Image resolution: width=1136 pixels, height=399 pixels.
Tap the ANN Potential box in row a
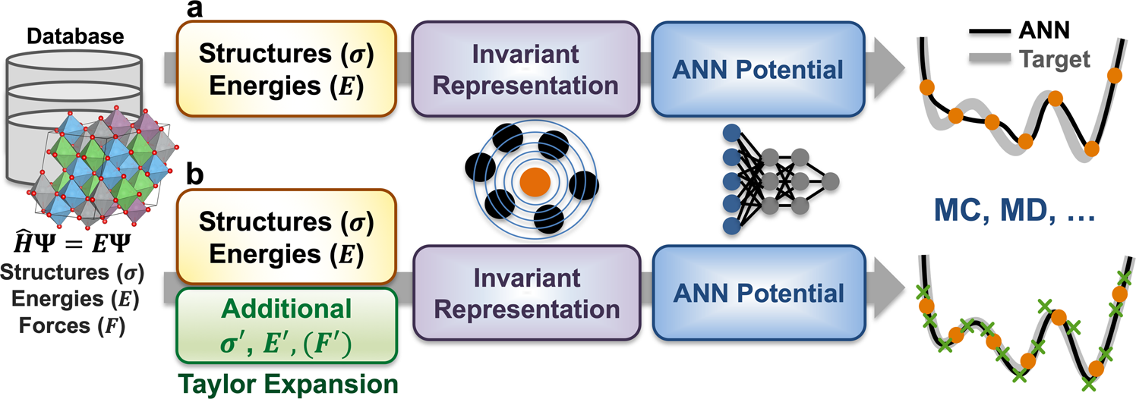click(757, 71)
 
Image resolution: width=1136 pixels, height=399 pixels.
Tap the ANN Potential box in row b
click(757, 294)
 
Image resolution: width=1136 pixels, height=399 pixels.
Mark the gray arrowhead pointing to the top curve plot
click(888, 71)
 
